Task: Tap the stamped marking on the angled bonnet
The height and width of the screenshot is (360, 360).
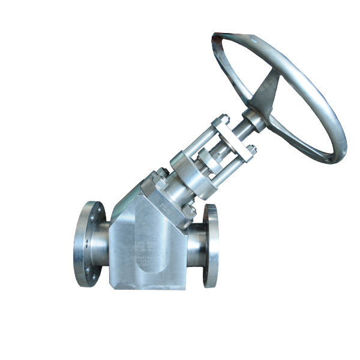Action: pos(176,207)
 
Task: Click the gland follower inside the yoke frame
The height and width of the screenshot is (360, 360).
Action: pos(210,159)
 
